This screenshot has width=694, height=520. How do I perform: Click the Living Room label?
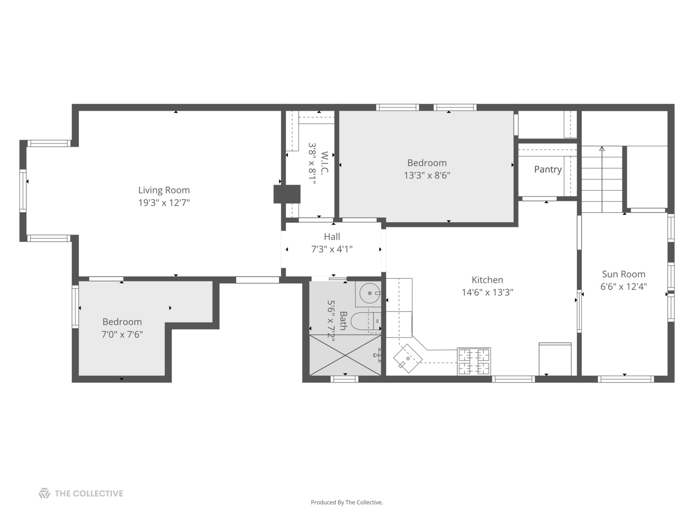point(164,190)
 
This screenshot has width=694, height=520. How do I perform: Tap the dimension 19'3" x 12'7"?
point(164,203)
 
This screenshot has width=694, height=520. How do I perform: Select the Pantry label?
point(547,169)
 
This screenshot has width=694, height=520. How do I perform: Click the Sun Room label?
point(623,274)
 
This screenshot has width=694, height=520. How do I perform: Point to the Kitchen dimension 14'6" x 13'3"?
point(487,292)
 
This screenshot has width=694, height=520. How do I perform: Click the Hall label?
point(332,236)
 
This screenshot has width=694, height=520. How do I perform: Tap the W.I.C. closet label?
point(324,164)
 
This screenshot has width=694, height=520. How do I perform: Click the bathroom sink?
point(369,293)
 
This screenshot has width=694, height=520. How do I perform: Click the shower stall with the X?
point(345,355)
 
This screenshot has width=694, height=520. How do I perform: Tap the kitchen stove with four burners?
point(474,361)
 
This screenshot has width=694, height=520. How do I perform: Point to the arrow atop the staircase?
point(601,149)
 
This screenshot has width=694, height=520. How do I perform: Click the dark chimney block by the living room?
point(287,194)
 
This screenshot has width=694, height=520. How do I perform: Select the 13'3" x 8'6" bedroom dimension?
point(427,176)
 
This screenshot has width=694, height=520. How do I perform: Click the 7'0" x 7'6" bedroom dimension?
point(122,335)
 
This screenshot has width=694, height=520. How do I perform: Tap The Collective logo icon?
point(44,493)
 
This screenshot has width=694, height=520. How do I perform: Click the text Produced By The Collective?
point(347,502)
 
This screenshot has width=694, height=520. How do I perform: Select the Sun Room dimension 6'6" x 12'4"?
point(623,287)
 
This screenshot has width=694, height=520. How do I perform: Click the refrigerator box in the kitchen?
point(555,359)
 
